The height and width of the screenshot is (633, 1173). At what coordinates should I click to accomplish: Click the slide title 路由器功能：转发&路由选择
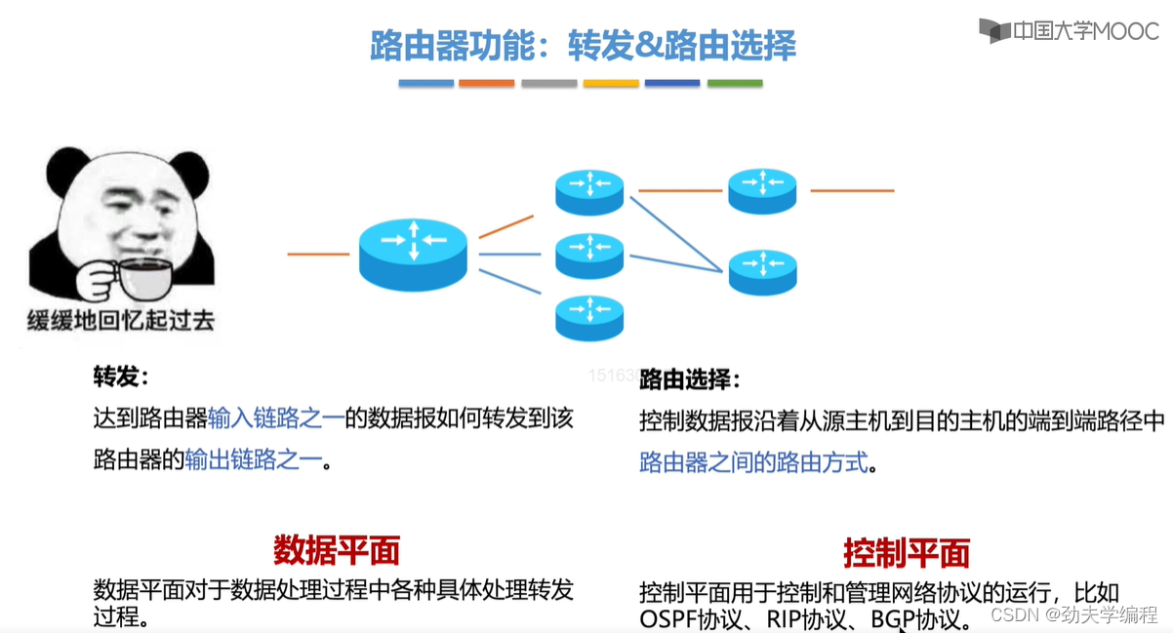pyautogui.click(x=583, y=46)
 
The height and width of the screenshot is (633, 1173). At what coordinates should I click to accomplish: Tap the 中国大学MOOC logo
pyautogui.click(x=1069, y=30)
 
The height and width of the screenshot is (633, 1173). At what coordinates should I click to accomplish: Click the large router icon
pyautogui.click(x=413, y=252)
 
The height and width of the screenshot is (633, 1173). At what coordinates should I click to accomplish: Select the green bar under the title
pyautogui.click(x=734, y=84)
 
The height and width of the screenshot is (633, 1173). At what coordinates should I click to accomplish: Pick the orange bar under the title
pyautogui.click(x=486, y=84)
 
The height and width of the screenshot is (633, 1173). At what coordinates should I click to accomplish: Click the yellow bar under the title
pyautogui.click(x=611, y=84)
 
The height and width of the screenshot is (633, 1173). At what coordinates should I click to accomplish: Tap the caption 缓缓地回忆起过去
pyautogui.click(x=120, y=319)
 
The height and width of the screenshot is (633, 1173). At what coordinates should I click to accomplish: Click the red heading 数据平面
pyautogui.click(x=337, y=551)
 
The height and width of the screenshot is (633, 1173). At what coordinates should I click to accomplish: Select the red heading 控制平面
pyautogui.click(x=907, y=554)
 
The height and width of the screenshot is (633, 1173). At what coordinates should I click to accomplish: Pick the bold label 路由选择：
pyautogui.click(x=689, y=380)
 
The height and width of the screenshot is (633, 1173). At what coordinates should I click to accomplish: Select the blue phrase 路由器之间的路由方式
pyautogui.click(x=753, y=462)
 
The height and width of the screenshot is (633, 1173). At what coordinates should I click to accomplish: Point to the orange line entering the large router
pyautogui.click(x=318, y=254)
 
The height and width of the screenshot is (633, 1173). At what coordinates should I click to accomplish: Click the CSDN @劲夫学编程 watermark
pyautogui.click(x=1072, y=615)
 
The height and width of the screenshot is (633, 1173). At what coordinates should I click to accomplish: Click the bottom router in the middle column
pyautogui.click(x=589, y=317)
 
